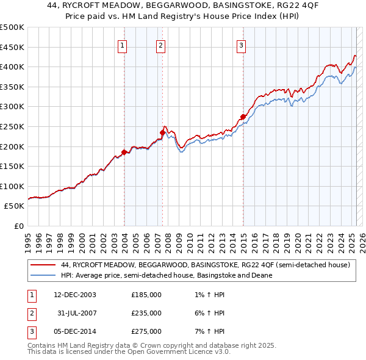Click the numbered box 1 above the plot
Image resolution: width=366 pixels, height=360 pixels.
[x=123, y=45]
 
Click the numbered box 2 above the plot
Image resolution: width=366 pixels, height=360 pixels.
[x=160, y=45]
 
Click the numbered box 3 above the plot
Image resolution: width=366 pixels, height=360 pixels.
[x=241, y=45]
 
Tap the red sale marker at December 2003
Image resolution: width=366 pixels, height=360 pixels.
[x=124, y=152]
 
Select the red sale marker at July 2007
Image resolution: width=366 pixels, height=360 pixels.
[x=163, y=132]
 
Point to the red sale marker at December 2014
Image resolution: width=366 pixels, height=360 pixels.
[x=243, y=116]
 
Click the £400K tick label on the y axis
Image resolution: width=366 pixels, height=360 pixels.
[x=13, y=67]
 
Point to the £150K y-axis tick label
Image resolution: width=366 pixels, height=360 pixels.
[x=13, y=166]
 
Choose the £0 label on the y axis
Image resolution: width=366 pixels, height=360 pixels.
[x=19, y=226]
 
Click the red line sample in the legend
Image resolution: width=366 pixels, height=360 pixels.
[x=42, y=265]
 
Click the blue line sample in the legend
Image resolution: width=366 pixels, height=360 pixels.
[x=42, y=275]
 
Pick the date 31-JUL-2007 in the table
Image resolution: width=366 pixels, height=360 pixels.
[x=75, y=313]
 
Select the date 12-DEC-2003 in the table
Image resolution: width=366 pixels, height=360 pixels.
[x=75, y=295]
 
